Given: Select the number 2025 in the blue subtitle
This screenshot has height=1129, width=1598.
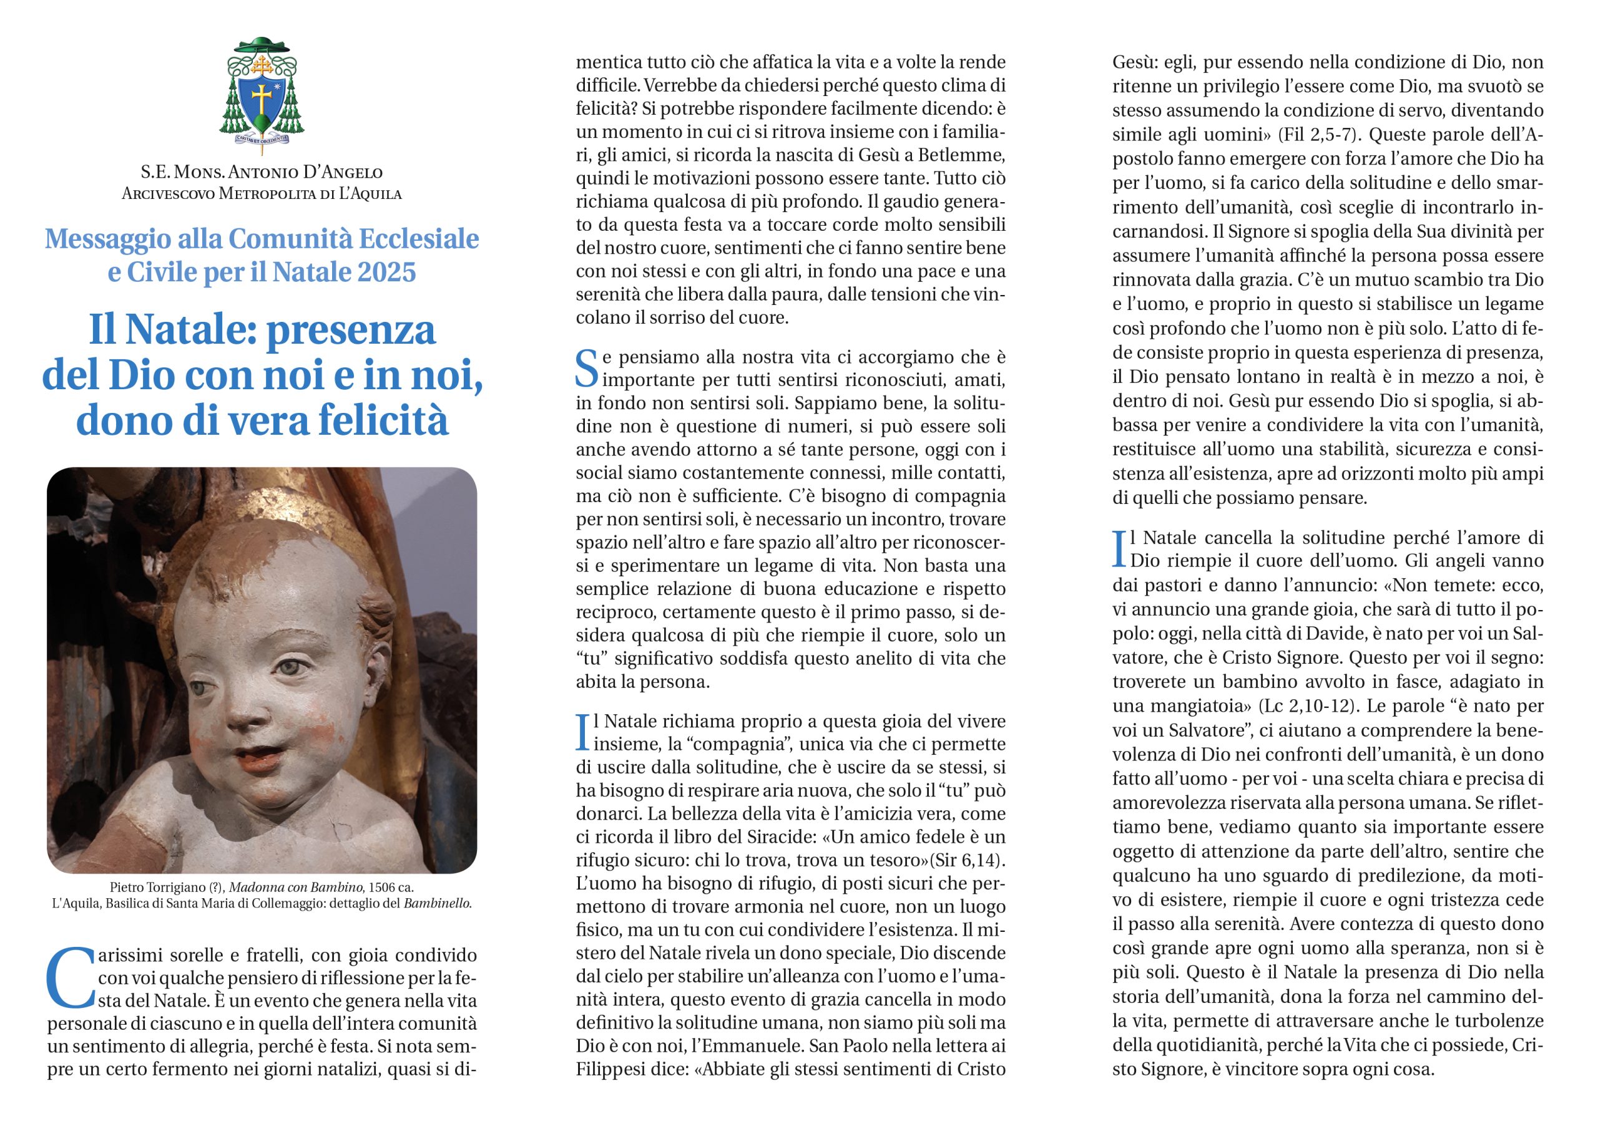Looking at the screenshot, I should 386,272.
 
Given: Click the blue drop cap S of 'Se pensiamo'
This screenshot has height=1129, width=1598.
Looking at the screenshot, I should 586,369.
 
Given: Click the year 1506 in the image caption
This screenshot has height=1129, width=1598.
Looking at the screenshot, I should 380,888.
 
